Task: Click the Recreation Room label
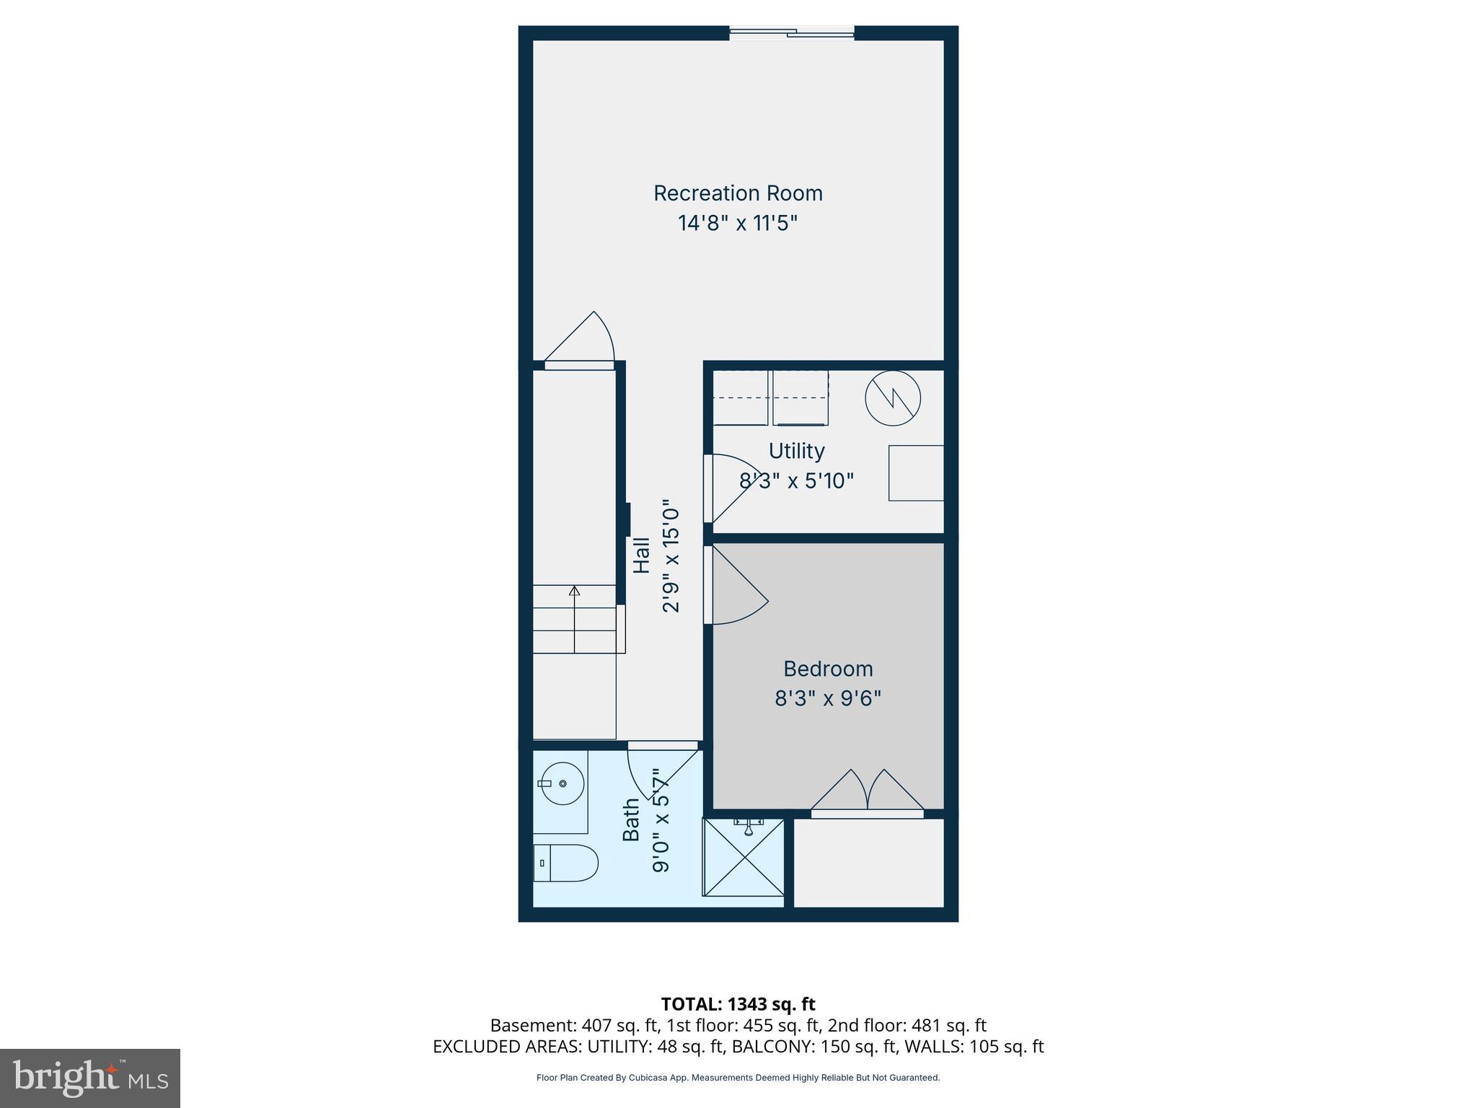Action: click(x=738, y=193)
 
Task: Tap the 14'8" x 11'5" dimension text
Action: click(x=738, y=223)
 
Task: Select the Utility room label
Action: click(x=796, y=451)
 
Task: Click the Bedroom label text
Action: click(x=828, y=669)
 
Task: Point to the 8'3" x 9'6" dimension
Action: click(x=828, y=698)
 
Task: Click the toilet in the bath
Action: click(x=566, y=863)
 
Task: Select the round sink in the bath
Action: click(x=563, y=783)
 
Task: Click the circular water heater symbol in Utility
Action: click(x=893, y=397)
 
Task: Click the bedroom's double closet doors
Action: click(x=867, y=791)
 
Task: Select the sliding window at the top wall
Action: click(x=791, y=32)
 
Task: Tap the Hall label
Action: click(x=641, y=555)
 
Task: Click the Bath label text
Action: click(x=631, y=819)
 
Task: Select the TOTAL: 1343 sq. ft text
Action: click(x=738, y=1004)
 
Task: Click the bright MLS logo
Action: click(x=90, y=1078)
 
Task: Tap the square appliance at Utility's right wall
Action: click(x=916, y=473)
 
